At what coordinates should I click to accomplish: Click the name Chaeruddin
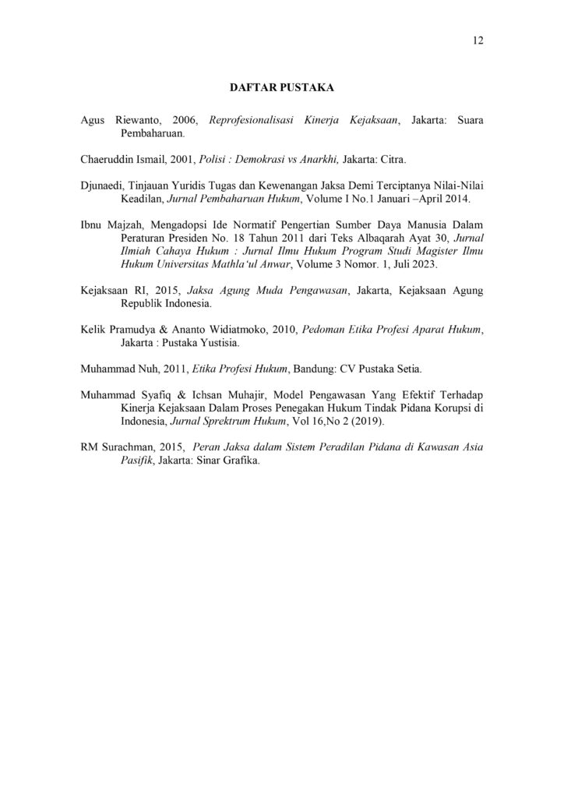[x=109, y=159]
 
